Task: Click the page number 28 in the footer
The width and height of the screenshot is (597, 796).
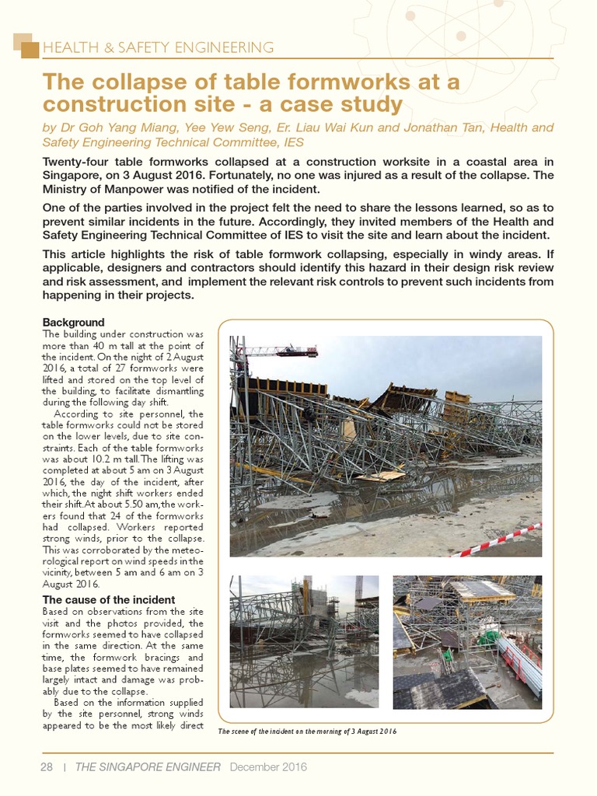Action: tap(46, 766)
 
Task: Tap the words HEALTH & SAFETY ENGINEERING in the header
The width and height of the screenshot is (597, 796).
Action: tap(159, 47)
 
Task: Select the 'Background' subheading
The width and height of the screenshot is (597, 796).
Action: tap(73, 322)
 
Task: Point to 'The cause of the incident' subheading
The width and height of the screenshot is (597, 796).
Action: tap(108, 599)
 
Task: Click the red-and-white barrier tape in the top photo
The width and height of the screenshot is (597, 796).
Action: tap(498, 540)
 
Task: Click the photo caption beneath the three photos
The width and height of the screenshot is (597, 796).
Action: tap(308, 731)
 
